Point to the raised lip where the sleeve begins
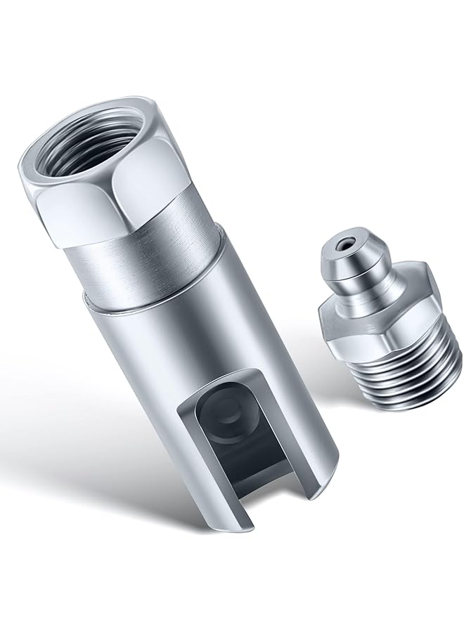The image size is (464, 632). [141, 305]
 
